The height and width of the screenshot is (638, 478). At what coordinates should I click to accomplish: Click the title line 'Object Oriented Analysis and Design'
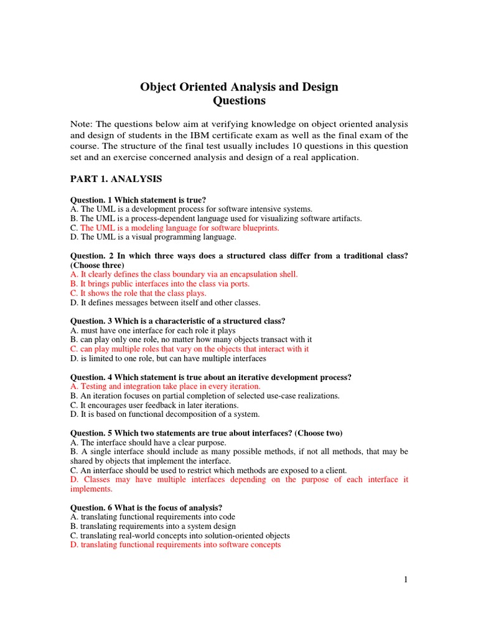click(239, 87)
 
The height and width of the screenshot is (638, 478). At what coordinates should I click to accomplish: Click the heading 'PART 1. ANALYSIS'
click(116, 179)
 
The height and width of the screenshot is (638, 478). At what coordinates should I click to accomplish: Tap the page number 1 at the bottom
click(405, 580)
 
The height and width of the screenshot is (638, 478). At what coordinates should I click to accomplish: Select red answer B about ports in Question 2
click(159, 283)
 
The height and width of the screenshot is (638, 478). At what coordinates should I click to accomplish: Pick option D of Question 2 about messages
click(165, 302)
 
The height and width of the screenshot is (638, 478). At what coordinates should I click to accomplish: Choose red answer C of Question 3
click(189, 349)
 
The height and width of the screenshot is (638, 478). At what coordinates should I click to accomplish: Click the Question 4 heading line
click(210, 377)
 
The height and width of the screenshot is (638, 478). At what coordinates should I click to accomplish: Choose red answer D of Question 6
click(176, 545)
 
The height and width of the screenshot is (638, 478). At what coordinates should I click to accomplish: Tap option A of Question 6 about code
click(152, 517)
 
